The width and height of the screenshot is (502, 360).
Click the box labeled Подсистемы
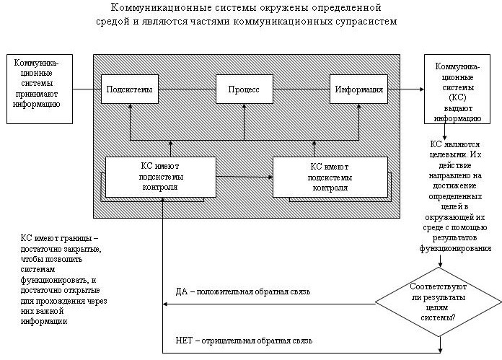(x=129, y=89)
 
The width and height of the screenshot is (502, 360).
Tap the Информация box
(x=358, y=89)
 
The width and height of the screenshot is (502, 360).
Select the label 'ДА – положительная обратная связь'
(x=242, y=291)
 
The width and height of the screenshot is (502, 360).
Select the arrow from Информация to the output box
(x=406, y=89)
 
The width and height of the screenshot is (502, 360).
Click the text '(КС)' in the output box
(x=457, y=95)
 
